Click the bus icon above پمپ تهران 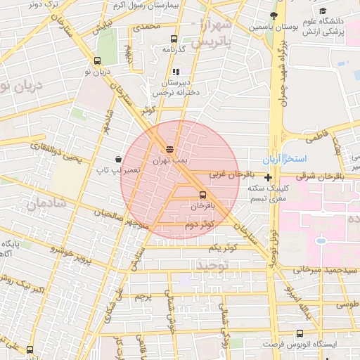[169, 148]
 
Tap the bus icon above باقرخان [203, 194]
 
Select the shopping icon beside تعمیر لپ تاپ [117, 159]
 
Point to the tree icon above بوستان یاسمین [274, 15]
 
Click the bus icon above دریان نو [98, 60]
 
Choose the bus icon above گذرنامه [174, 39]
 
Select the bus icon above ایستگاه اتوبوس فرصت [300, 333]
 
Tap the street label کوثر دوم [199, 225]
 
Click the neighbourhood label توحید [214, 266]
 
